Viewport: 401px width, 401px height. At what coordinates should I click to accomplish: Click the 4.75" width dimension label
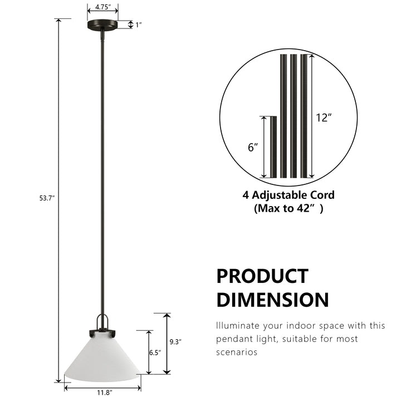coord(103,7)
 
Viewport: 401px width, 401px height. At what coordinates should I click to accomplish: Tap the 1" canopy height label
coord(138,25)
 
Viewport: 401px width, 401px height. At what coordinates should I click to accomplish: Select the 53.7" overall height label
coord(47,198)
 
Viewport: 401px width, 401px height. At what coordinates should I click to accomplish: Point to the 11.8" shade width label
coord(105,392)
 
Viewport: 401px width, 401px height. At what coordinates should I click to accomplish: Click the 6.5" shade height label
coord(155,353)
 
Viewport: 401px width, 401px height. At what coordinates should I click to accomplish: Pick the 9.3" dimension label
coord(175,341)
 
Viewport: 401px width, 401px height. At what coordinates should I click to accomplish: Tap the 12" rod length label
coord(324,118)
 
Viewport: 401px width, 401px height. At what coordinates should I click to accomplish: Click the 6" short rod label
coord(253,147)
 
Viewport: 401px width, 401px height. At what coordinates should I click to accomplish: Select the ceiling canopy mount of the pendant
coord(102,25)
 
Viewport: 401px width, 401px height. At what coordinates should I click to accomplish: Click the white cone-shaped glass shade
coord(102,360)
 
